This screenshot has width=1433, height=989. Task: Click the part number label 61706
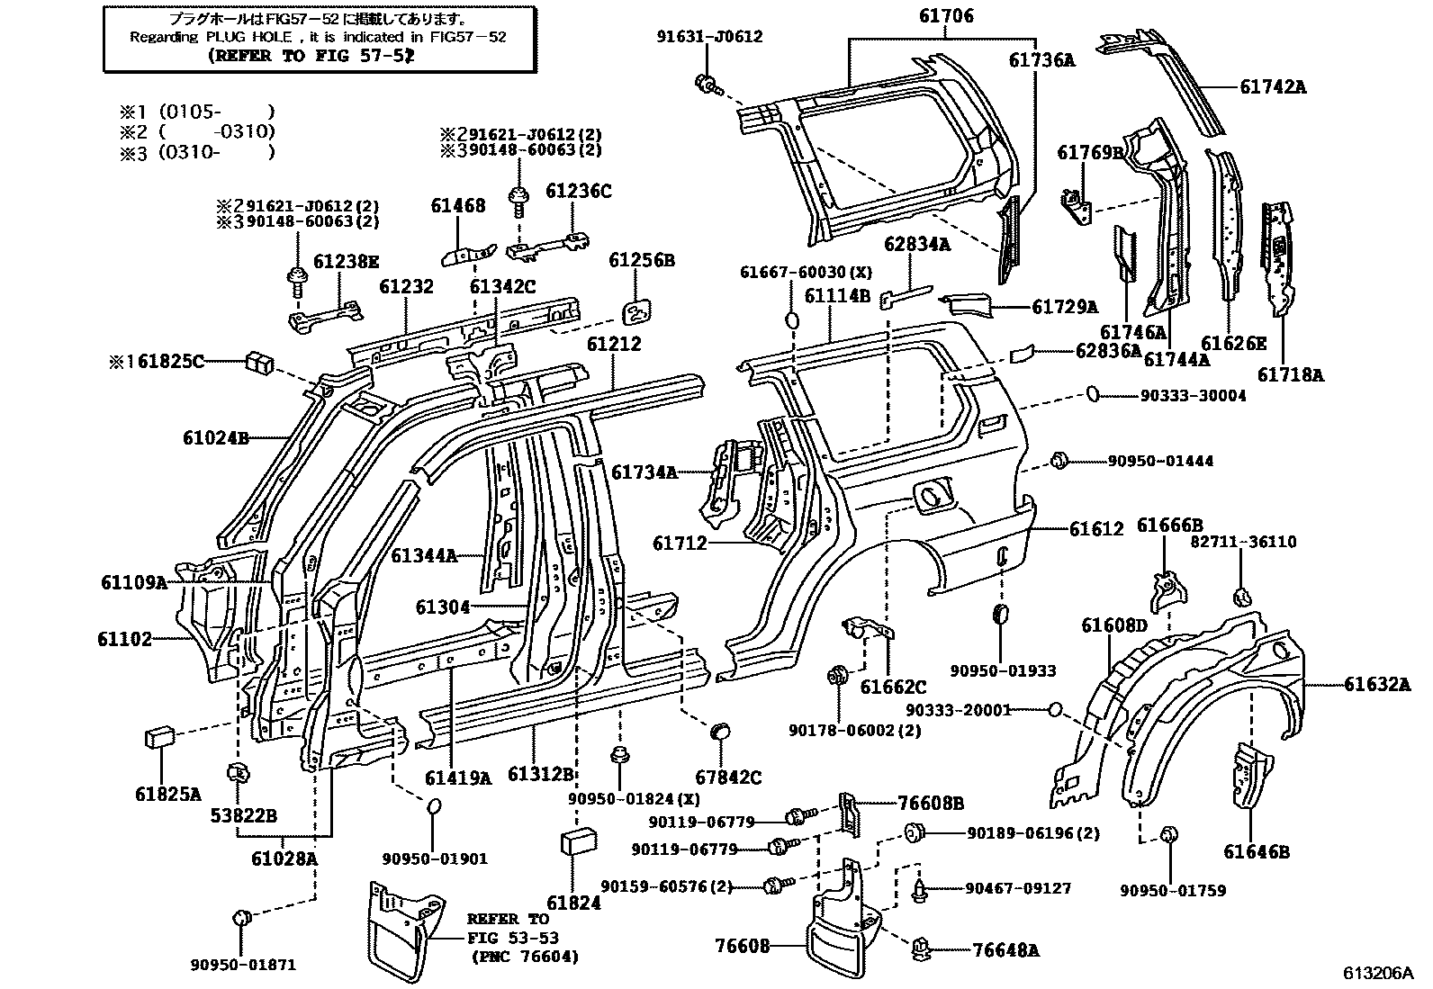point(946,16)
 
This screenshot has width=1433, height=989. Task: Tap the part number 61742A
point(1273,87)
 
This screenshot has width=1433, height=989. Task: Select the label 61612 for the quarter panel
point(1096,529)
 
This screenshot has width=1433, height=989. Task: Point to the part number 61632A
point(1377,685)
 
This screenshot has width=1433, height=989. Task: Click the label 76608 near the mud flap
point(743,946)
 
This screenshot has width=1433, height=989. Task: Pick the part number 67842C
point(727,778)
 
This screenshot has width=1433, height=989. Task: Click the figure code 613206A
point(1379,974)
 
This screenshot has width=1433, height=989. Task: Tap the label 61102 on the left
point(125,640)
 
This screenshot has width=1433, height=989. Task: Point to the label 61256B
point(642,261)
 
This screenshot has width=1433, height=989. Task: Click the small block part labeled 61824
point(574,841)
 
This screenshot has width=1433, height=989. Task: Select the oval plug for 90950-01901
point(433,806)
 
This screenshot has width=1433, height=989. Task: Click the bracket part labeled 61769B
point(1077,206)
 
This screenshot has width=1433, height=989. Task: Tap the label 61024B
point(215,438)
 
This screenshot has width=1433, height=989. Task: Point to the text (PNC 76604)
point(525,957)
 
